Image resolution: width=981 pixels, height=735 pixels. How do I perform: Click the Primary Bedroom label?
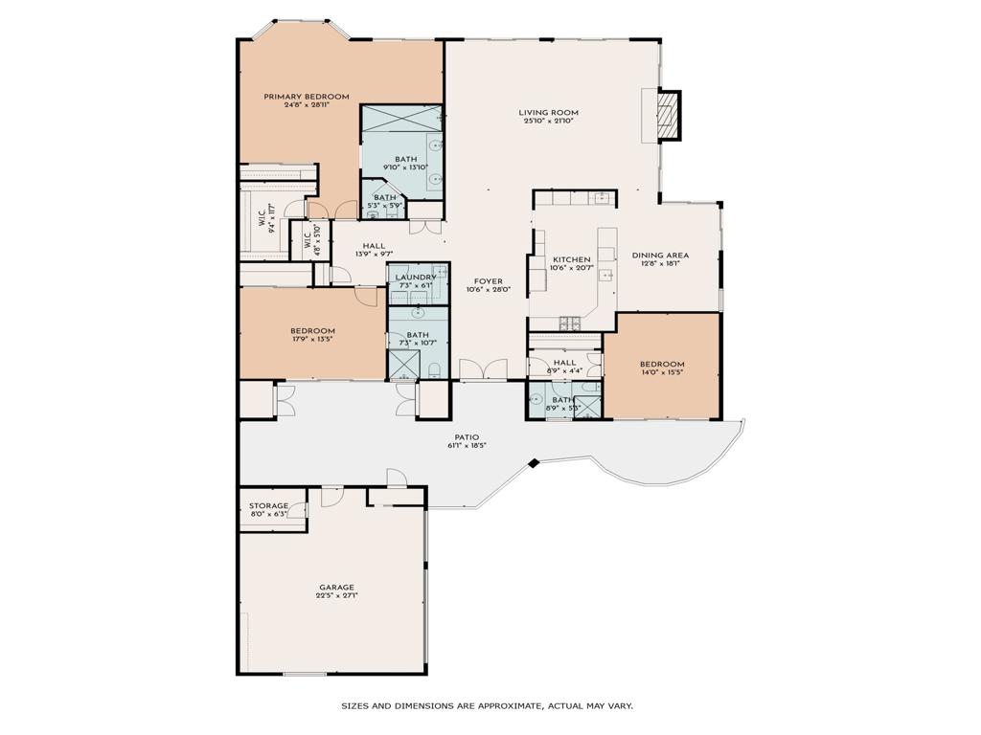(x=307, y=97)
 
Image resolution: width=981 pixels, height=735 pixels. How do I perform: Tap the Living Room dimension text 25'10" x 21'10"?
(x=550, y=122)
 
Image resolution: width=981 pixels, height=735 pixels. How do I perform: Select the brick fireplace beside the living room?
(x=668, y=115)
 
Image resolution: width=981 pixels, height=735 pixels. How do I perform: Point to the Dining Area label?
(x=660, y=256)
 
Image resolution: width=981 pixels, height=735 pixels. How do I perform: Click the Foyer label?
(x=488, y=281)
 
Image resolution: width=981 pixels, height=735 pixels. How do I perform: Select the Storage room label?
(x=268, y=505)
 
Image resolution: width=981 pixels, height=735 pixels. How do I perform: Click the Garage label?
(x=336, y=588)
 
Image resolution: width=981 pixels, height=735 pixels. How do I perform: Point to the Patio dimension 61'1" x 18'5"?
(x=468, y=446)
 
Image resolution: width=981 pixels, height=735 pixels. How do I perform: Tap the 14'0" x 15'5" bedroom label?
(x=662, y=365)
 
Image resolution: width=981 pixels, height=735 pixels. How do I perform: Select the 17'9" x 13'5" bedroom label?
(x=313, y=331)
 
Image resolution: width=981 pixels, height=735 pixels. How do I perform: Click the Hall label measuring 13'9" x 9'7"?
(x=374, y=246)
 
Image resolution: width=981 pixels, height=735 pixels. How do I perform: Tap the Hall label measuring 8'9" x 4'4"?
(x=565, y=364)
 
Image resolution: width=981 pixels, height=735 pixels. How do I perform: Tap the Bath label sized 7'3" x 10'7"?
(x=417, y=335)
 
